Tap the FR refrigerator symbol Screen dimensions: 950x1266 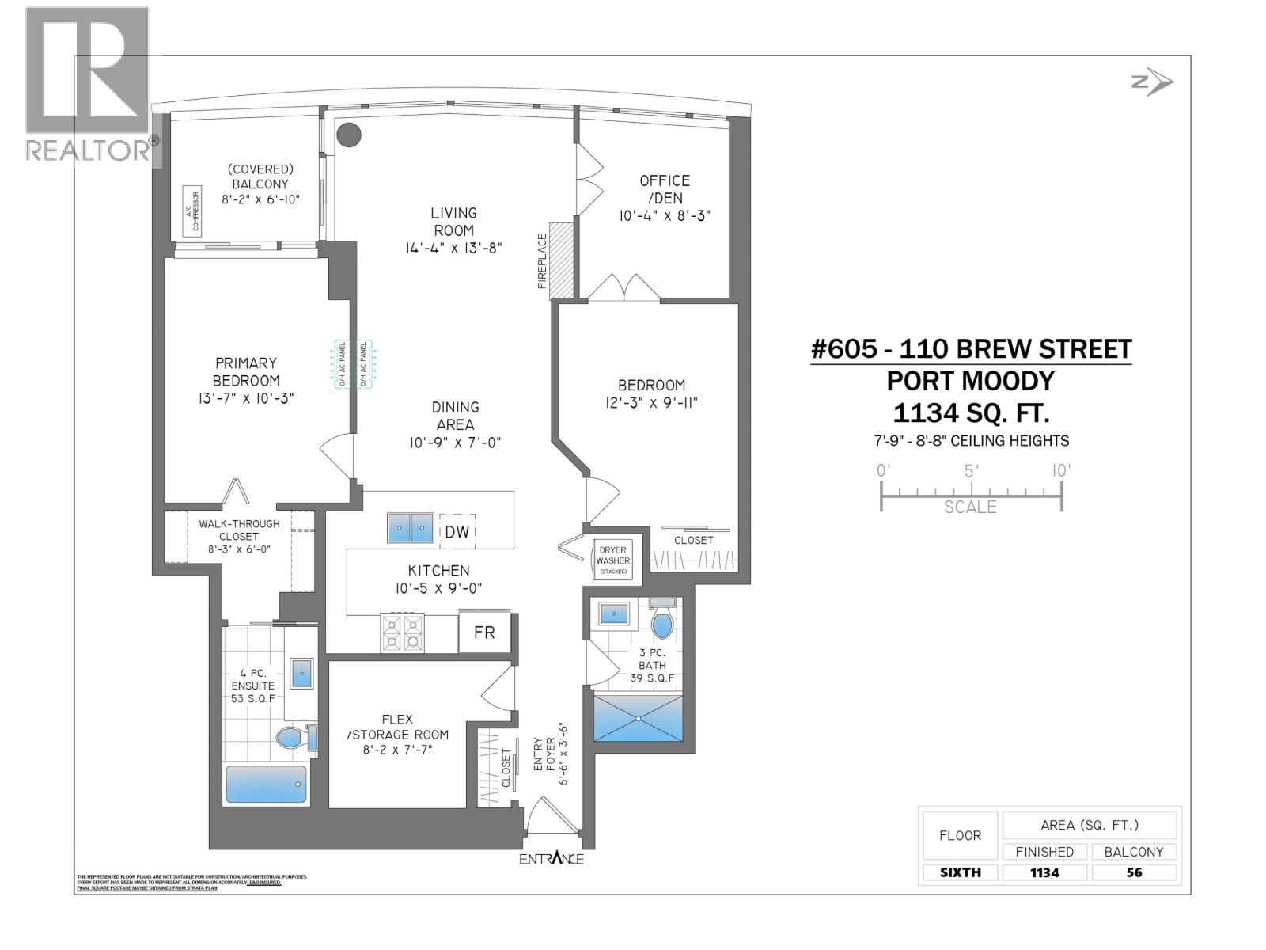(483, 632)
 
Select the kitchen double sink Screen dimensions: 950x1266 (411, 528)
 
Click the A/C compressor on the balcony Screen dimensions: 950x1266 (192, 211)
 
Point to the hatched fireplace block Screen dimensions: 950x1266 (561, 259)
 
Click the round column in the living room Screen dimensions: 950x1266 (348, 135)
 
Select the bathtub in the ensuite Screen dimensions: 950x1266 (266, 784)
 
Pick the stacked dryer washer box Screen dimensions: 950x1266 (612, 560)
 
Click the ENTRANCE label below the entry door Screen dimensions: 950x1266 (552, 859)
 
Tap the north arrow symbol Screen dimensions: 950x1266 (1153, 82)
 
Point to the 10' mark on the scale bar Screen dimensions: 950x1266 (1061, 470)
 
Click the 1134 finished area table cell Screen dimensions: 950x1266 (1044, 872)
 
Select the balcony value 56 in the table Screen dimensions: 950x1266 (1134, 872)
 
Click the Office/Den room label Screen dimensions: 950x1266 (665, 189)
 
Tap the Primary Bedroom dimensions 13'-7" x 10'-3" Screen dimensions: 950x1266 (246, 397)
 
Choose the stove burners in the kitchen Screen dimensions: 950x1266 (403, 633)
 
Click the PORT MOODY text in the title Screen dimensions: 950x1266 (970, 381)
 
